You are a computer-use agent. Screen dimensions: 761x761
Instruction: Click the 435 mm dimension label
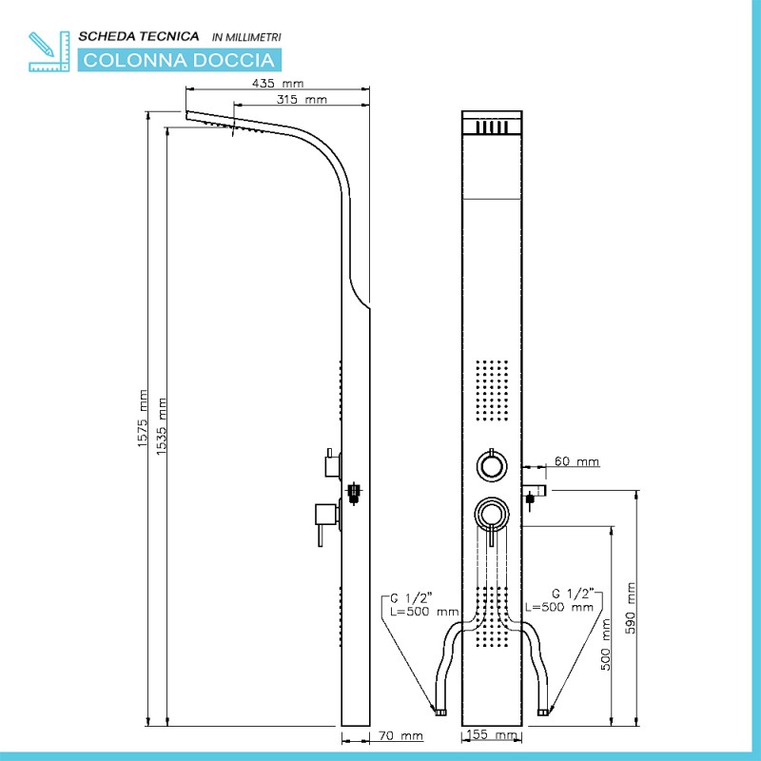278,84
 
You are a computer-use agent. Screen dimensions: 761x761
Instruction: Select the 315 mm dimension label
302,100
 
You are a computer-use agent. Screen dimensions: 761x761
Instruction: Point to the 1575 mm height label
142,419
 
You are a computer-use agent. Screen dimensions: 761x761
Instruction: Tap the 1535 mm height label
162,426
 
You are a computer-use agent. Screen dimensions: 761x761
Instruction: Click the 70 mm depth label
400,735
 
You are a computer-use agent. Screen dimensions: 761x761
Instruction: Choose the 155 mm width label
491,734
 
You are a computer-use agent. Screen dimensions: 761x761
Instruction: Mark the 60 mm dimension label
576,461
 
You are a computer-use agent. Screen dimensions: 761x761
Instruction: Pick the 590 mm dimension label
630,608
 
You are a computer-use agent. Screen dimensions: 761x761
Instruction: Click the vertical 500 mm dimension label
606,645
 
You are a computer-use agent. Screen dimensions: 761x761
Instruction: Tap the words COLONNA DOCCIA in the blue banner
179,60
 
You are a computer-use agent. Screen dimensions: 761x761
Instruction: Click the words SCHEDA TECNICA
139,36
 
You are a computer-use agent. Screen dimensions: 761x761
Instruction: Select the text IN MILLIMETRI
246,37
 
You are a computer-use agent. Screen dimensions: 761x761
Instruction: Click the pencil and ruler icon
49,51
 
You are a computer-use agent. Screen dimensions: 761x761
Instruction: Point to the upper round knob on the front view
492,466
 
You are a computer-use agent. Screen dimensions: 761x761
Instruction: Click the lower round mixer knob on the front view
492,515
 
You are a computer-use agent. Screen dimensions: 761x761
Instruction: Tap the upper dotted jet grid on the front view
492,390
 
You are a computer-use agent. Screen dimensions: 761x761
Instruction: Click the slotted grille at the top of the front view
492,127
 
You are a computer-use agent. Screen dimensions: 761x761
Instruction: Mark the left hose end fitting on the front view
440,712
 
